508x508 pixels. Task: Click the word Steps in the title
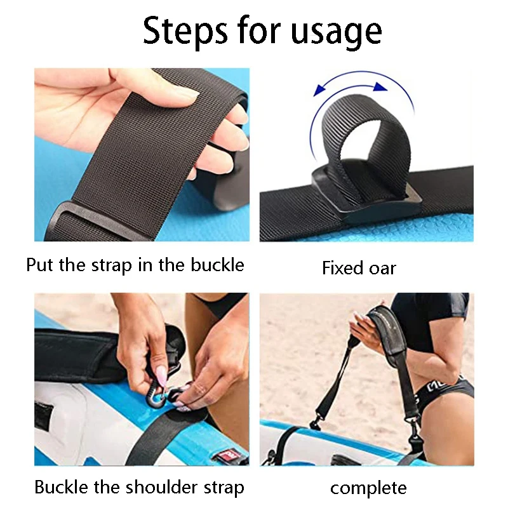point(185,30)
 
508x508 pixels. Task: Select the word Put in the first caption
point(40,264)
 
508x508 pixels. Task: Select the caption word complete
point(368,488)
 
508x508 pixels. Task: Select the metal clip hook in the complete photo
point(315,422)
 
